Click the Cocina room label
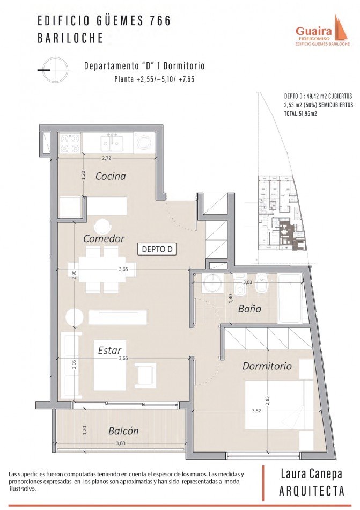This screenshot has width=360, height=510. (x=111, y=176)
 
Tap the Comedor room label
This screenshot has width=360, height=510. (x=104, y=239)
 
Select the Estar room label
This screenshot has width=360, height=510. (x=109, y=351)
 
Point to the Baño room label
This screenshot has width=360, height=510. (x=249, y=308)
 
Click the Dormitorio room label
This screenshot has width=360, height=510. (x=267, y=366)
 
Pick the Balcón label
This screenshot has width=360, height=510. (x=123, y=431)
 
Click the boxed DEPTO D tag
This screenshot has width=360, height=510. (x=157, y=250)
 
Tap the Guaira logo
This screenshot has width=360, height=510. (x=322, y=31)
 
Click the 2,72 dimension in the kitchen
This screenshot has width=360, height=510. (x=107, y=158)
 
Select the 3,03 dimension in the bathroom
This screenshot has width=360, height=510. (x=247, y=282)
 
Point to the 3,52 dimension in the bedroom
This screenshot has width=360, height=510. (x=256, y=411)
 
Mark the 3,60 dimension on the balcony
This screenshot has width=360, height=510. (x=120, y=443)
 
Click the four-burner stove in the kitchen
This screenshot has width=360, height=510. (x=70, y=143)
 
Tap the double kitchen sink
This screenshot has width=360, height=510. (x=112, y=143)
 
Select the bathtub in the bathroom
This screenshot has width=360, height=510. (x=290, y=298)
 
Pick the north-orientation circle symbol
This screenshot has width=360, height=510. (x=56, y=70)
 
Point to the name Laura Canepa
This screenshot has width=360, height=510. (x=312, y=474)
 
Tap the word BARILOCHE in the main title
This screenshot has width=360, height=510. (x=70, y=38)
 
